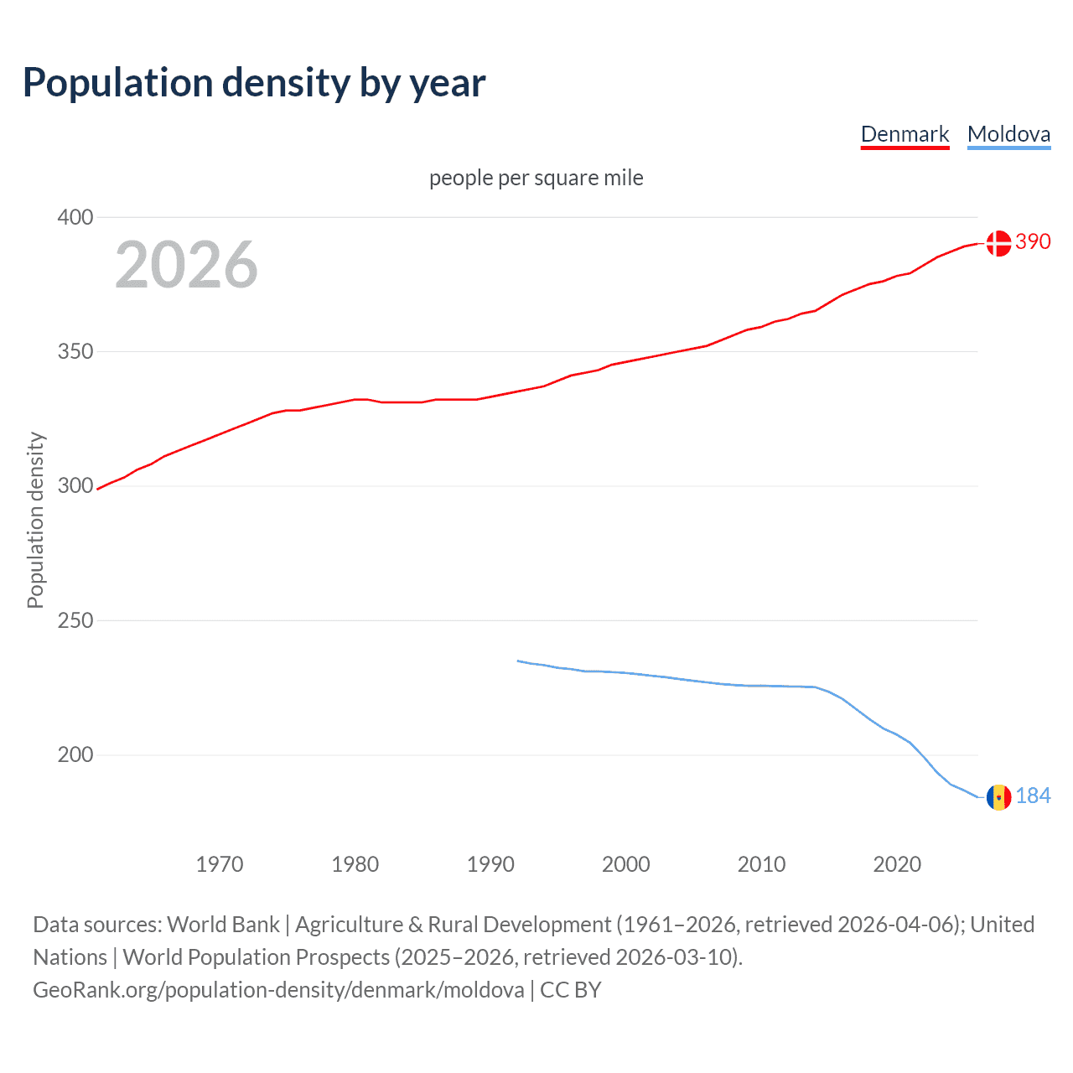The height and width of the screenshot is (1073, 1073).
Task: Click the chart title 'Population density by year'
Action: [x=254, y=83]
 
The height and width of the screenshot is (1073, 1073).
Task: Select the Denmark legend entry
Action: [x=905, y=134]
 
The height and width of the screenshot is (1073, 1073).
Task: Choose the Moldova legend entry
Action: [x=1008, y=134]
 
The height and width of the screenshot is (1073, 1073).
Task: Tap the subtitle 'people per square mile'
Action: [x=536, y=178]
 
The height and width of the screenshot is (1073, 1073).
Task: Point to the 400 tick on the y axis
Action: [x=75, y=217]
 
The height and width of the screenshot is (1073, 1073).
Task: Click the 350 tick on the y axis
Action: [x=75, y=351]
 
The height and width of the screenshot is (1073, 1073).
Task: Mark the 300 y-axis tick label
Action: [x=75, y=486]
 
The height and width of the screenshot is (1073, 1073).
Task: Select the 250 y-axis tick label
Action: [x=75, y=620]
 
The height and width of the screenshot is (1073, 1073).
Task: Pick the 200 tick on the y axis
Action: [x=75, y=754]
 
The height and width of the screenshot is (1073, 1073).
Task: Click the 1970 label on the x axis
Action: [x=220, y=864]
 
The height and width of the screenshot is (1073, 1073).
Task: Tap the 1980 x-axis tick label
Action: [x=355, y=864]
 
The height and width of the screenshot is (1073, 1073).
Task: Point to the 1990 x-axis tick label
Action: [x=490, y=864]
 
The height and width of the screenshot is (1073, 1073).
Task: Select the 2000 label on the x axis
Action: [x=626, y=864]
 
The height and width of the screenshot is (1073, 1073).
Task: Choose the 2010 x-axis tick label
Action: [x=761, y=864]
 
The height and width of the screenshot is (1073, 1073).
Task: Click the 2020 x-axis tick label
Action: [x=897, y=864]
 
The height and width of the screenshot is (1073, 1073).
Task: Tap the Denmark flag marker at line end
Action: [x=998, y=243]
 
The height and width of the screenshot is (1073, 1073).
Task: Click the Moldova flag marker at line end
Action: [x=998, y=797]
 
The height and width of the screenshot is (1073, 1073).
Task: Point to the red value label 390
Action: [x=1033, y=241]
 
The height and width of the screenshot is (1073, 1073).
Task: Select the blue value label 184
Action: [x=1033, y=796]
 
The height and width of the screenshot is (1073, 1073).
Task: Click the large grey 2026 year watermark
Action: [x=186, y=265]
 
